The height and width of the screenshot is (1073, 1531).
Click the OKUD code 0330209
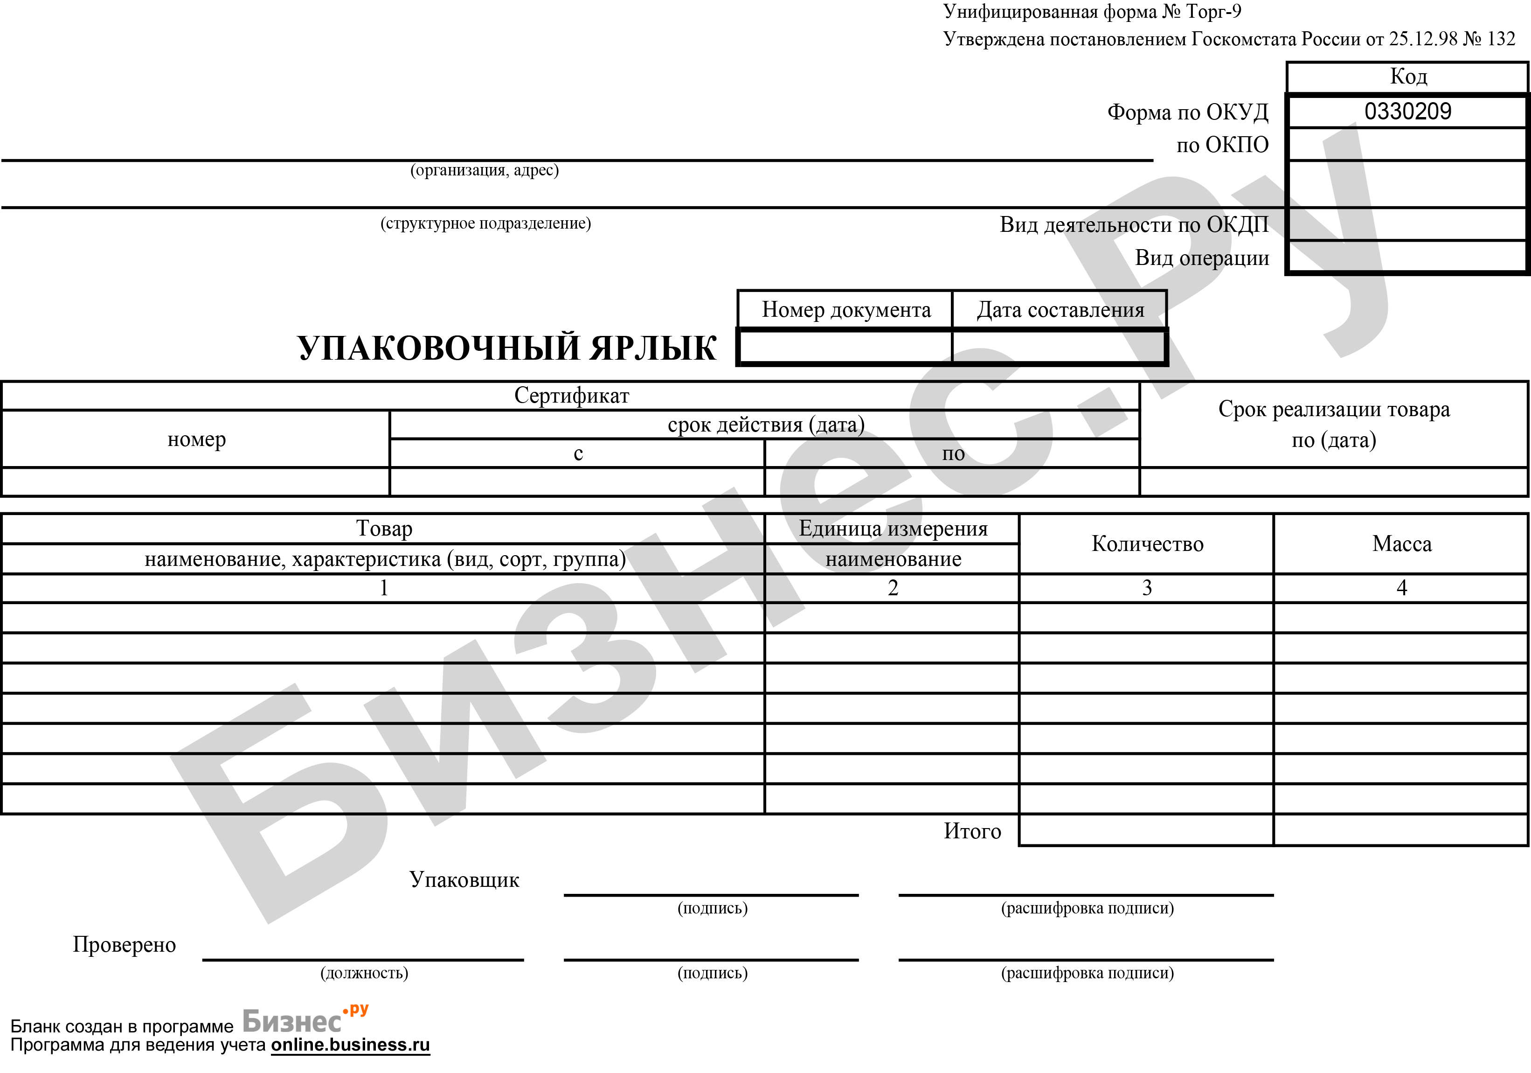(x=1407, y=111)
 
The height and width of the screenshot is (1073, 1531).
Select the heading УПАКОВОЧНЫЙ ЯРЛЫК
(x=507, y=348)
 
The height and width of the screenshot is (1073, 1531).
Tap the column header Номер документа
(x=845, y=310)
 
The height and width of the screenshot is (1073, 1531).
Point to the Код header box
(x=1407, y=77)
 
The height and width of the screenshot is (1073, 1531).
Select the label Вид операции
(x=1202, y=258)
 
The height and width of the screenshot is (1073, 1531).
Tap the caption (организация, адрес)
(x=484, y=171)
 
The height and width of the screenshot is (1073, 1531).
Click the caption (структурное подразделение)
(x=485, y=223)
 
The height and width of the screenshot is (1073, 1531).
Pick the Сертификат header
(x=571, y=396)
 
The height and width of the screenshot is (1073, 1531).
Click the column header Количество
(x=1147, y=544)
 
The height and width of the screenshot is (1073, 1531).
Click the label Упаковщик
(x=464, y=880)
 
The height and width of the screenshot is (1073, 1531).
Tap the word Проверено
(x=124, y=945)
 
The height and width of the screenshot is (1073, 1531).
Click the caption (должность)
(x=364, y=973)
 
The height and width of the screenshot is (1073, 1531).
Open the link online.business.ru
(x=350, y=1045)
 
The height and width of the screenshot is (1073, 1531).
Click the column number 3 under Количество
(x=1147, y=588)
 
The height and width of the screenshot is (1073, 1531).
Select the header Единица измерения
(x=893, y=529)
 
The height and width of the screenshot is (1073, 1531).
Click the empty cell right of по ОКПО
(x=1407, y=145)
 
